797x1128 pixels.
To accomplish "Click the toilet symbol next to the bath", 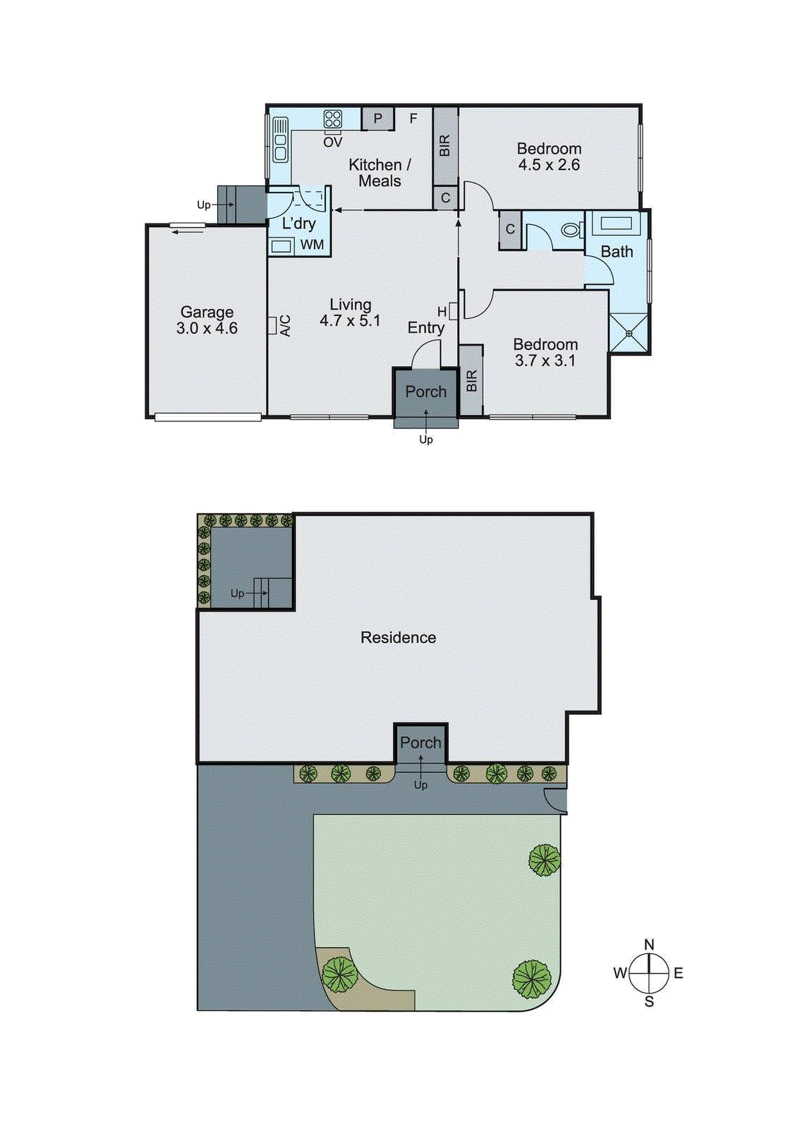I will click(x=571, y=230).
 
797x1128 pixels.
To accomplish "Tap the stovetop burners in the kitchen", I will click(x=333, y=119).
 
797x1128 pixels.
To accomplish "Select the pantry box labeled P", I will click(x=378, y=118).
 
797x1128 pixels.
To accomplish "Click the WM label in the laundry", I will click(x=312, y=245).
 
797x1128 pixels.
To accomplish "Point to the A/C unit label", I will click(x=285, y=325).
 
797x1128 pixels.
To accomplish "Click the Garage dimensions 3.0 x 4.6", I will click(x=207, y=329).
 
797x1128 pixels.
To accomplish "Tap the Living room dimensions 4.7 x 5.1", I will click(x=350, y=321).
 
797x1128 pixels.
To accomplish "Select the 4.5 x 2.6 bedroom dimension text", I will click(x=549, y=165).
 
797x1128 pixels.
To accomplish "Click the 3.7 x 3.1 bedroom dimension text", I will click(x=545, y=360).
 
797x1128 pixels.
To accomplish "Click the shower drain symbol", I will click(x=629, y=333).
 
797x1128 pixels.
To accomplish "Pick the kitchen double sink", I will click(x=281, y=139).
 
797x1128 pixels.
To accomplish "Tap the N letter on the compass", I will click(x=649, y=945).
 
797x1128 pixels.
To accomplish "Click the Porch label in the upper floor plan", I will click(x=426, y=392).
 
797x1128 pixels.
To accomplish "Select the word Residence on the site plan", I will click(x=398, y=637).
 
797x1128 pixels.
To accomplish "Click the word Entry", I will click(x=426, y=328).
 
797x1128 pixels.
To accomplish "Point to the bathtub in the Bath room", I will click(x=617, y=224).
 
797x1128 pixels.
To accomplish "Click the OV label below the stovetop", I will click(x=333, y=142).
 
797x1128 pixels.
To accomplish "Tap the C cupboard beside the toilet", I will click(x=510, y=230).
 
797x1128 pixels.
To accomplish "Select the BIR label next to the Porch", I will click(x=472, y=381).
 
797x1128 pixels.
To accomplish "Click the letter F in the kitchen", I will click(x=413, y=118).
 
